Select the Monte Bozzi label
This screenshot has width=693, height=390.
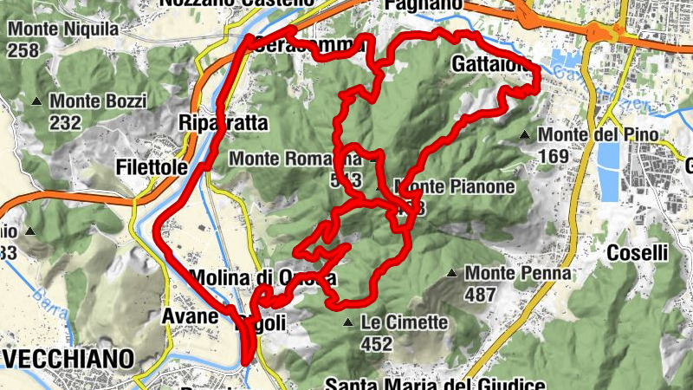click(x=98, y=101)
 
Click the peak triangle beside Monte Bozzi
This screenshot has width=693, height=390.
click(x=36, y=102)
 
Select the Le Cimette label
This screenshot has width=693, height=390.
click(x=405, y=323)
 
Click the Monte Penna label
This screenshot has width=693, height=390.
click(x=518, y=274)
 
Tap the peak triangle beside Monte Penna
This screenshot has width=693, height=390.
click(x=451, y=274)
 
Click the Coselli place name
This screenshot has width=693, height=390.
click(x=637, y=253)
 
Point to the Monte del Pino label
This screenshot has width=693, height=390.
click(x=599, y=135)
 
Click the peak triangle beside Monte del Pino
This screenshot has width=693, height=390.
click(x=525, y=135)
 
